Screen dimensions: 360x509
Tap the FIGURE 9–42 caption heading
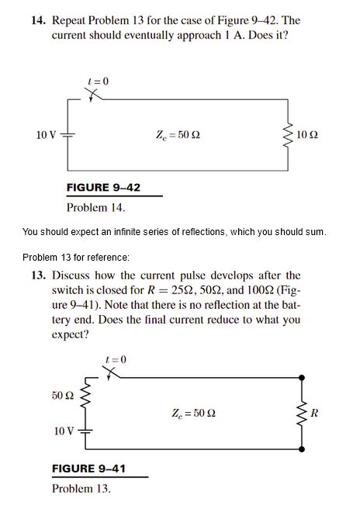103,188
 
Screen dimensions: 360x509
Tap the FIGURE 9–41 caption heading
88,469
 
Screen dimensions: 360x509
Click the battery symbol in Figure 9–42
67,136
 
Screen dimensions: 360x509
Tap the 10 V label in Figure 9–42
46,136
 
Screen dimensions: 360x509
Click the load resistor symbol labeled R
300,412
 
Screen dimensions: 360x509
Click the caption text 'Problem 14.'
95,207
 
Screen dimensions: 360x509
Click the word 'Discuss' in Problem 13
72,275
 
